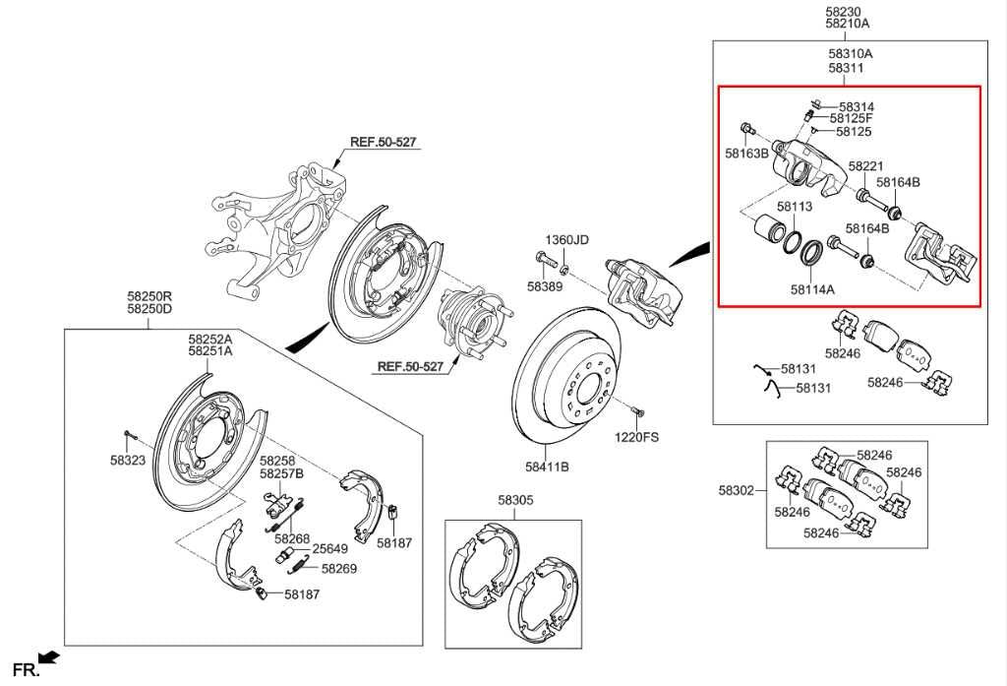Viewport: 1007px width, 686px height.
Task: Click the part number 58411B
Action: pyautogui.click(x=547, y=467)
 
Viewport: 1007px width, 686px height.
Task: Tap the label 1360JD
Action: pyautogui.click(x=566, y=240)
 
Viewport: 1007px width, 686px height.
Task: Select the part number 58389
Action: pyautogui.click(x=545, y=286)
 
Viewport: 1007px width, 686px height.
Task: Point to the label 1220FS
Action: pyautogui.click(x=636, y=437)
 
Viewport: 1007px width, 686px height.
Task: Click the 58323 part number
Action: pyautogui.click(x=128, y=461)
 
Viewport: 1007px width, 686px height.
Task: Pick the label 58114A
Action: pyautogui.click(x=812, y=289)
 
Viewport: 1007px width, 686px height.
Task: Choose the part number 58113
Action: pyautogui.click(x=795, y=207)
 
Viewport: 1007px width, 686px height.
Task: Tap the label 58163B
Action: pyautogui.click(x=747, y=154)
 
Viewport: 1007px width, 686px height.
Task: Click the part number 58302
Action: pyautogui.click(x=737, y=490)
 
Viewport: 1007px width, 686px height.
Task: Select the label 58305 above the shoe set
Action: pyautogui.click(x=515, y=500)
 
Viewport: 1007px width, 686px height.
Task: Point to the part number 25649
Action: pyautogui.click(x=329, y=549)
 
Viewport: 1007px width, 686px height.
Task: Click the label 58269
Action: pyautogui.click(x=339, y=568)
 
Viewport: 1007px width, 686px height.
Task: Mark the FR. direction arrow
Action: pyautogui.click(x=49, y=657)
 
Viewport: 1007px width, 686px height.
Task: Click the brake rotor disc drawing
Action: pyautogui.click(x=568, y=376)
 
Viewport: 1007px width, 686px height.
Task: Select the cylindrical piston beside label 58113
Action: pyautogui.click(x=769, y=228)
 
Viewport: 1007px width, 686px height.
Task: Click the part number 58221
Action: pyautogui.click(x=865, y=166)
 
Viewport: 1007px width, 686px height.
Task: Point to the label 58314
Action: pyautogui.click(x=857, y=106)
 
